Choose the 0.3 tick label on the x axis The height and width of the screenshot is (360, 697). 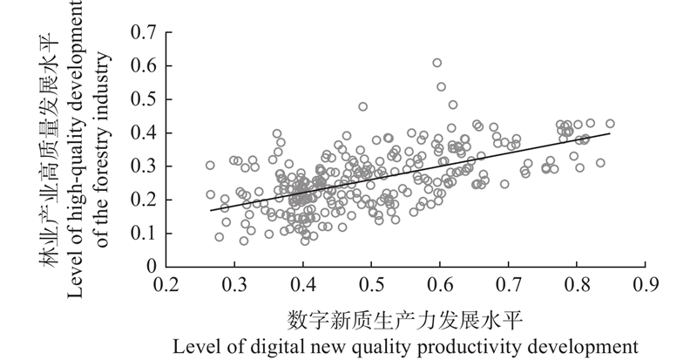pos(233,284)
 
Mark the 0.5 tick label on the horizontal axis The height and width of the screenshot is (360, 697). pos(371,284)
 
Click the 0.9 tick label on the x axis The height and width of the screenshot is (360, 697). pos(646,284)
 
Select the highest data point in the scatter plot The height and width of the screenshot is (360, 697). pos(437,63)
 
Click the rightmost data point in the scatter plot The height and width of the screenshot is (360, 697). pos(610,124)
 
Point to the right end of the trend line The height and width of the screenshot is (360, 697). pos(610,133)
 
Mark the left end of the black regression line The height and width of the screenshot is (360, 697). pos(210,210)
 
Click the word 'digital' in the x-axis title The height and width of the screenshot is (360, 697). pos(277,345)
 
